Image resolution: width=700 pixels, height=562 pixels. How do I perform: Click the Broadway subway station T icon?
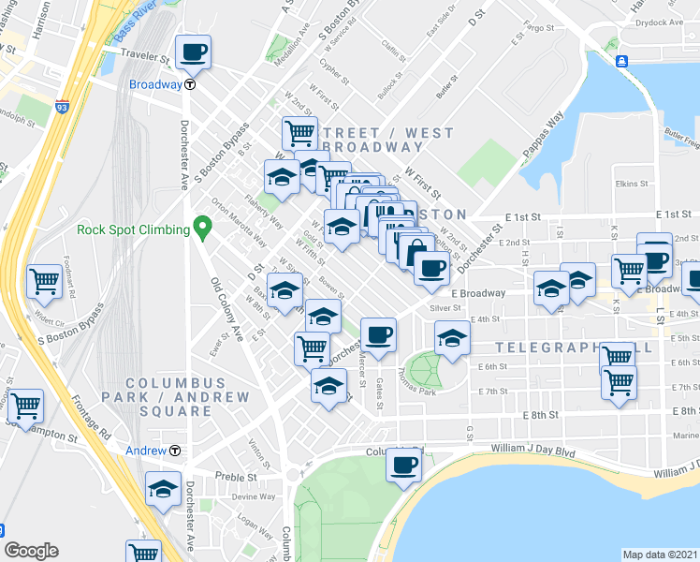(x=190, y=84)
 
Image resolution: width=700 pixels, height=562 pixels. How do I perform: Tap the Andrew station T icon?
(x=175, y=451)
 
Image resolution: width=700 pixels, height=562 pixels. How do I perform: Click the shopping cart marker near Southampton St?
(x=25, y=406)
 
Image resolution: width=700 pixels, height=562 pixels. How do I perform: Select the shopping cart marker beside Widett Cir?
(x=45, y=279)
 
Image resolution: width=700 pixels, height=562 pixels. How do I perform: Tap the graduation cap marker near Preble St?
(x=164, y=488)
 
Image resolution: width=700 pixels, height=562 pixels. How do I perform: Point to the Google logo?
(x=31, y=551)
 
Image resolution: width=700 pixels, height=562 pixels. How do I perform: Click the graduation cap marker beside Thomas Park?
(x=452, y=338)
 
